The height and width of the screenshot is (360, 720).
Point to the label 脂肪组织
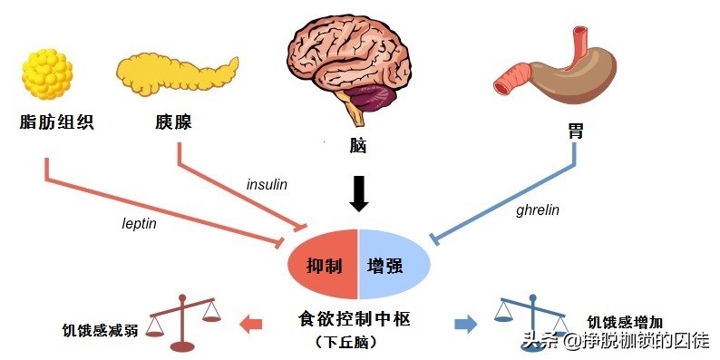[x=56, y=122]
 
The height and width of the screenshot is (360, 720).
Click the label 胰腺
[x=173, y=122]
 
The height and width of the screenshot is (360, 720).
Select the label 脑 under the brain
[x=357, y=145]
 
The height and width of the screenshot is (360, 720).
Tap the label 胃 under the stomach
[x=575, y=132]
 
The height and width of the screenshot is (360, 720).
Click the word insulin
[x=267, y=184]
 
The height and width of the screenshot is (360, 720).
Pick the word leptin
[x=140, y=222]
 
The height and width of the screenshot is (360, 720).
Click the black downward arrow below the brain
[x=359, y=193]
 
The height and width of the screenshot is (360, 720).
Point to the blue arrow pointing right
[x=465, y=322]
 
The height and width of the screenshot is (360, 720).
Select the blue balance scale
[x=533, y=316]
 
